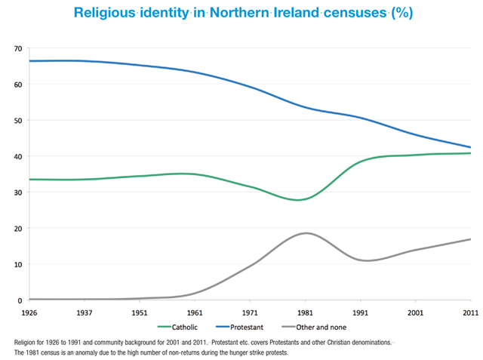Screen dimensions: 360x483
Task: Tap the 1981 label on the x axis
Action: [x=304, y=312]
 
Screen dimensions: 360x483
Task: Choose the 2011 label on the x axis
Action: [x=469, y=312]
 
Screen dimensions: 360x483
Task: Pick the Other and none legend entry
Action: [x=324, y=327]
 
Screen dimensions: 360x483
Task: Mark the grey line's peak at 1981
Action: [x=304, y=233]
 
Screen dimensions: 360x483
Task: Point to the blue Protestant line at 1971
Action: [x=250, y=88]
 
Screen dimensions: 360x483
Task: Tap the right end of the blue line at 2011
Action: [x=469, y=147]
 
